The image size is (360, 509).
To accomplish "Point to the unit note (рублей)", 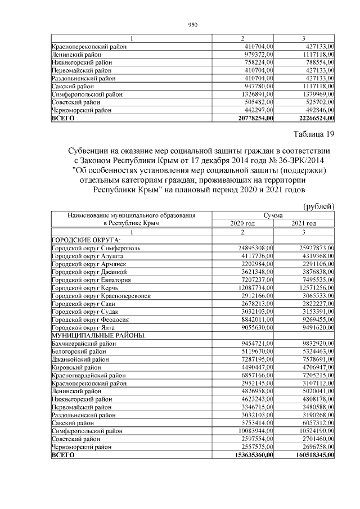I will (x=319, y=206).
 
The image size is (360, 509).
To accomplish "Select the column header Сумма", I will (x=273, y=215).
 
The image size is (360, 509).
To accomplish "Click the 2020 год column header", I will (x=242, y=223).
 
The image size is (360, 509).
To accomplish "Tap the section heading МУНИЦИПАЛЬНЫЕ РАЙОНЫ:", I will (x=98, y=335).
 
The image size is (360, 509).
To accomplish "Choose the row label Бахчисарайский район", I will (x=84, y=343).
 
